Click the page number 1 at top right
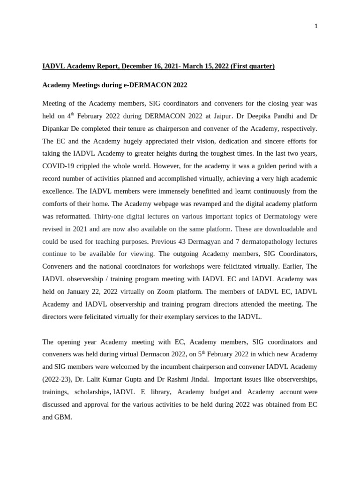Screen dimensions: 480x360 316,26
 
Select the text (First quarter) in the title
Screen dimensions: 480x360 252,66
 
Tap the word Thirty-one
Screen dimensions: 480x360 109,217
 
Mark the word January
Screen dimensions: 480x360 69,292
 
